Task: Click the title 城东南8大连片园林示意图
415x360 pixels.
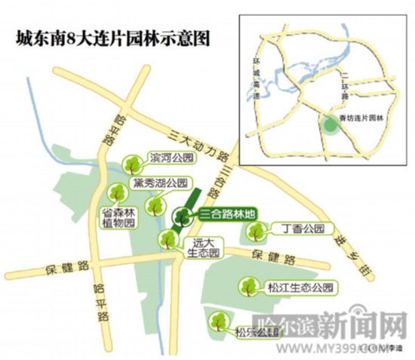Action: coord(107,37)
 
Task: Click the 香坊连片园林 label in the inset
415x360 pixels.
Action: coord(361,118)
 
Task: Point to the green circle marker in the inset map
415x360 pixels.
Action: coord(331,125)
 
